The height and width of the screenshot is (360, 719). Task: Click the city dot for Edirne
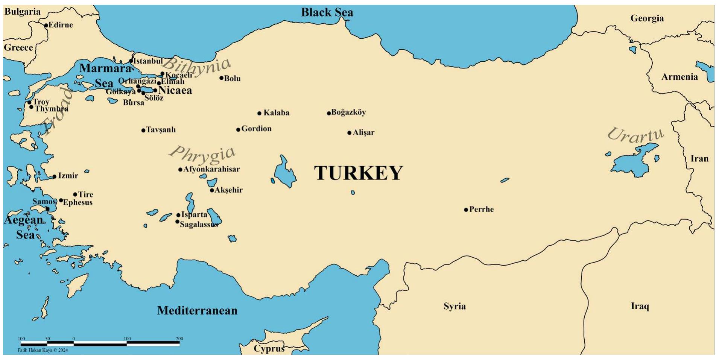(46, 26)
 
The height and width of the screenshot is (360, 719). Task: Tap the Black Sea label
(327, 12)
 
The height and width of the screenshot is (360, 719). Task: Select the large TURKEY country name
(358, 173)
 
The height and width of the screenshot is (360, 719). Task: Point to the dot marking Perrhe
(466, 210)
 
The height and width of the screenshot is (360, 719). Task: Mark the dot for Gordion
(238, 130)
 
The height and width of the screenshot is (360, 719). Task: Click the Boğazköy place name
(348, 112)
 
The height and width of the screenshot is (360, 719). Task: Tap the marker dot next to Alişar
(349, 133)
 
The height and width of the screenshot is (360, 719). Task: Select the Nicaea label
(175, 90)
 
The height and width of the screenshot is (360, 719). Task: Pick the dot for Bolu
(222, 78)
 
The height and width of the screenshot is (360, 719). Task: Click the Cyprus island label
(269, 348)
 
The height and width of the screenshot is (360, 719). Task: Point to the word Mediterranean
(197, 310)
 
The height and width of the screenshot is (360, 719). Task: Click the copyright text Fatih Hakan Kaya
(43, 350)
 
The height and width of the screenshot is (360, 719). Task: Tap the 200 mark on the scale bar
(179, 339)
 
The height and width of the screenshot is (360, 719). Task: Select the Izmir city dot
(55, 176)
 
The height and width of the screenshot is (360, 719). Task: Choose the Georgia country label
(647, 18)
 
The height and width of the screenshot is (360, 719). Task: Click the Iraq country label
(640, 306)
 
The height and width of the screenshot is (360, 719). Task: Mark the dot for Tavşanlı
(143, 131)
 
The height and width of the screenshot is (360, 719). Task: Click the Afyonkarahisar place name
(211, 169)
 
